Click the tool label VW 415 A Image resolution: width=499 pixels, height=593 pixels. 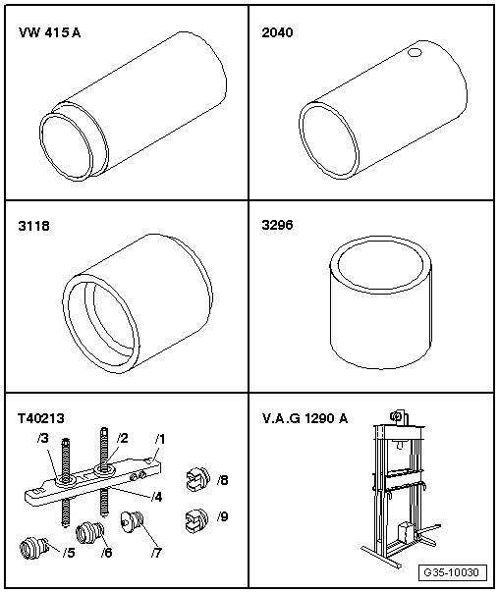[49, 32]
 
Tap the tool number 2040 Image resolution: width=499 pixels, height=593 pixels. [277, 32]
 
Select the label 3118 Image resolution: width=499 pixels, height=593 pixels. [33, 226]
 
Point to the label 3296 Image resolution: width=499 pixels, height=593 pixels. [277, 225]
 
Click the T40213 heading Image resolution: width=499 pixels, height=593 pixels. [41, 418]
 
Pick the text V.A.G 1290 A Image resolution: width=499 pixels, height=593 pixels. [305, 418]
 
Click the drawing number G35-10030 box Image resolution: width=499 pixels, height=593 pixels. [453, 572]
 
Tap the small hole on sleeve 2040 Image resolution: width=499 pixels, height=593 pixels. [415, 53]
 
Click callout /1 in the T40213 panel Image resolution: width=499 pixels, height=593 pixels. [160, 439]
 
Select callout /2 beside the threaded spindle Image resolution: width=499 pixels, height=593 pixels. [122, 438]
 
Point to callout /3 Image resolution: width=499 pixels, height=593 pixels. [43, 438]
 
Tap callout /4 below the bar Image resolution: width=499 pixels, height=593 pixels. [156, 497]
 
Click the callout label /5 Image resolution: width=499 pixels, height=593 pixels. [69, 553]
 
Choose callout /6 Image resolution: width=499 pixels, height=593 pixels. [107, 553]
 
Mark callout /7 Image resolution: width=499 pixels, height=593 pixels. [156, 553]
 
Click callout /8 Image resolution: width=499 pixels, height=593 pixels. [222, 480]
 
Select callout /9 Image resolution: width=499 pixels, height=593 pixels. [222, 516]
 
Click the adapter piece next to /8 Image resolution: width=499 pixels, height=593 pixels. [197, 479]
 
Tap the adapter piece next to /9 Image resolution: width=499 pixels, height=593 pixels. [197, 520]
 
